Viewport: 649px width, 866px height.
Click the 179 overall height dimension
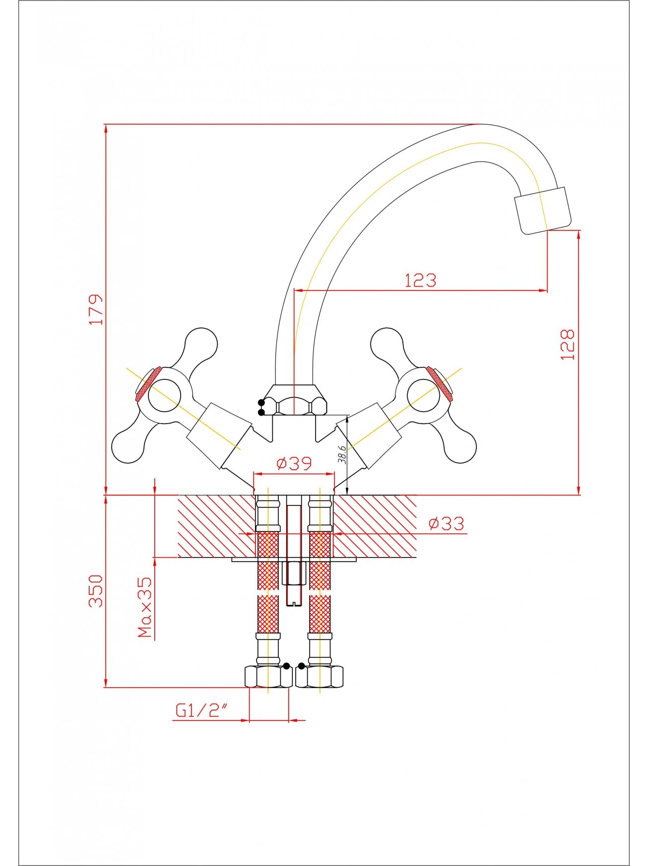point(96,309)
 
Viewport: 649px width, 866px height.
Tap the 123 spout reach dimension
point(420,281)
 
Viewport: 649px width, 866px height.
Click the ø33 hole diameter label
point(447,523)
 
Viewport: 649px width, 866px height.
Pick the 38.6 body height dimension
point(342,454)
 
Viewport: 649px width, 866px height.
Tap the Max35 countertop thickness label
point(144,607)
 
